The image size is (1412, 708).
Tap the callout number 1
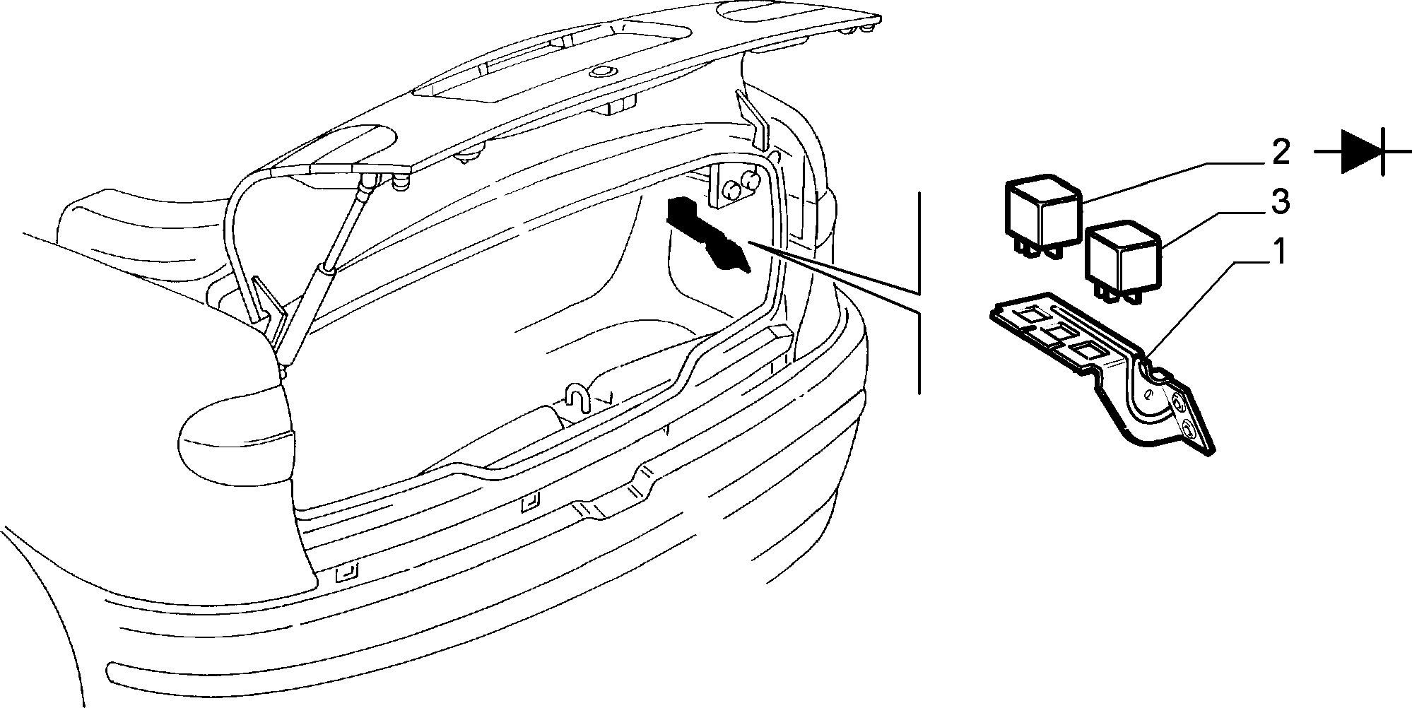coord(1280,252)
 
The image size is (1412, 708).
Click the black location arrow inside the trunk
coord(707,233)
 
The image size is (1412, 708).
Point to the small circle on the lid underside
coord(602,71)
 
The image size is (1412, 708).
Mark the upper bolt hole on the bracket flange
coord(1177,402)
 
